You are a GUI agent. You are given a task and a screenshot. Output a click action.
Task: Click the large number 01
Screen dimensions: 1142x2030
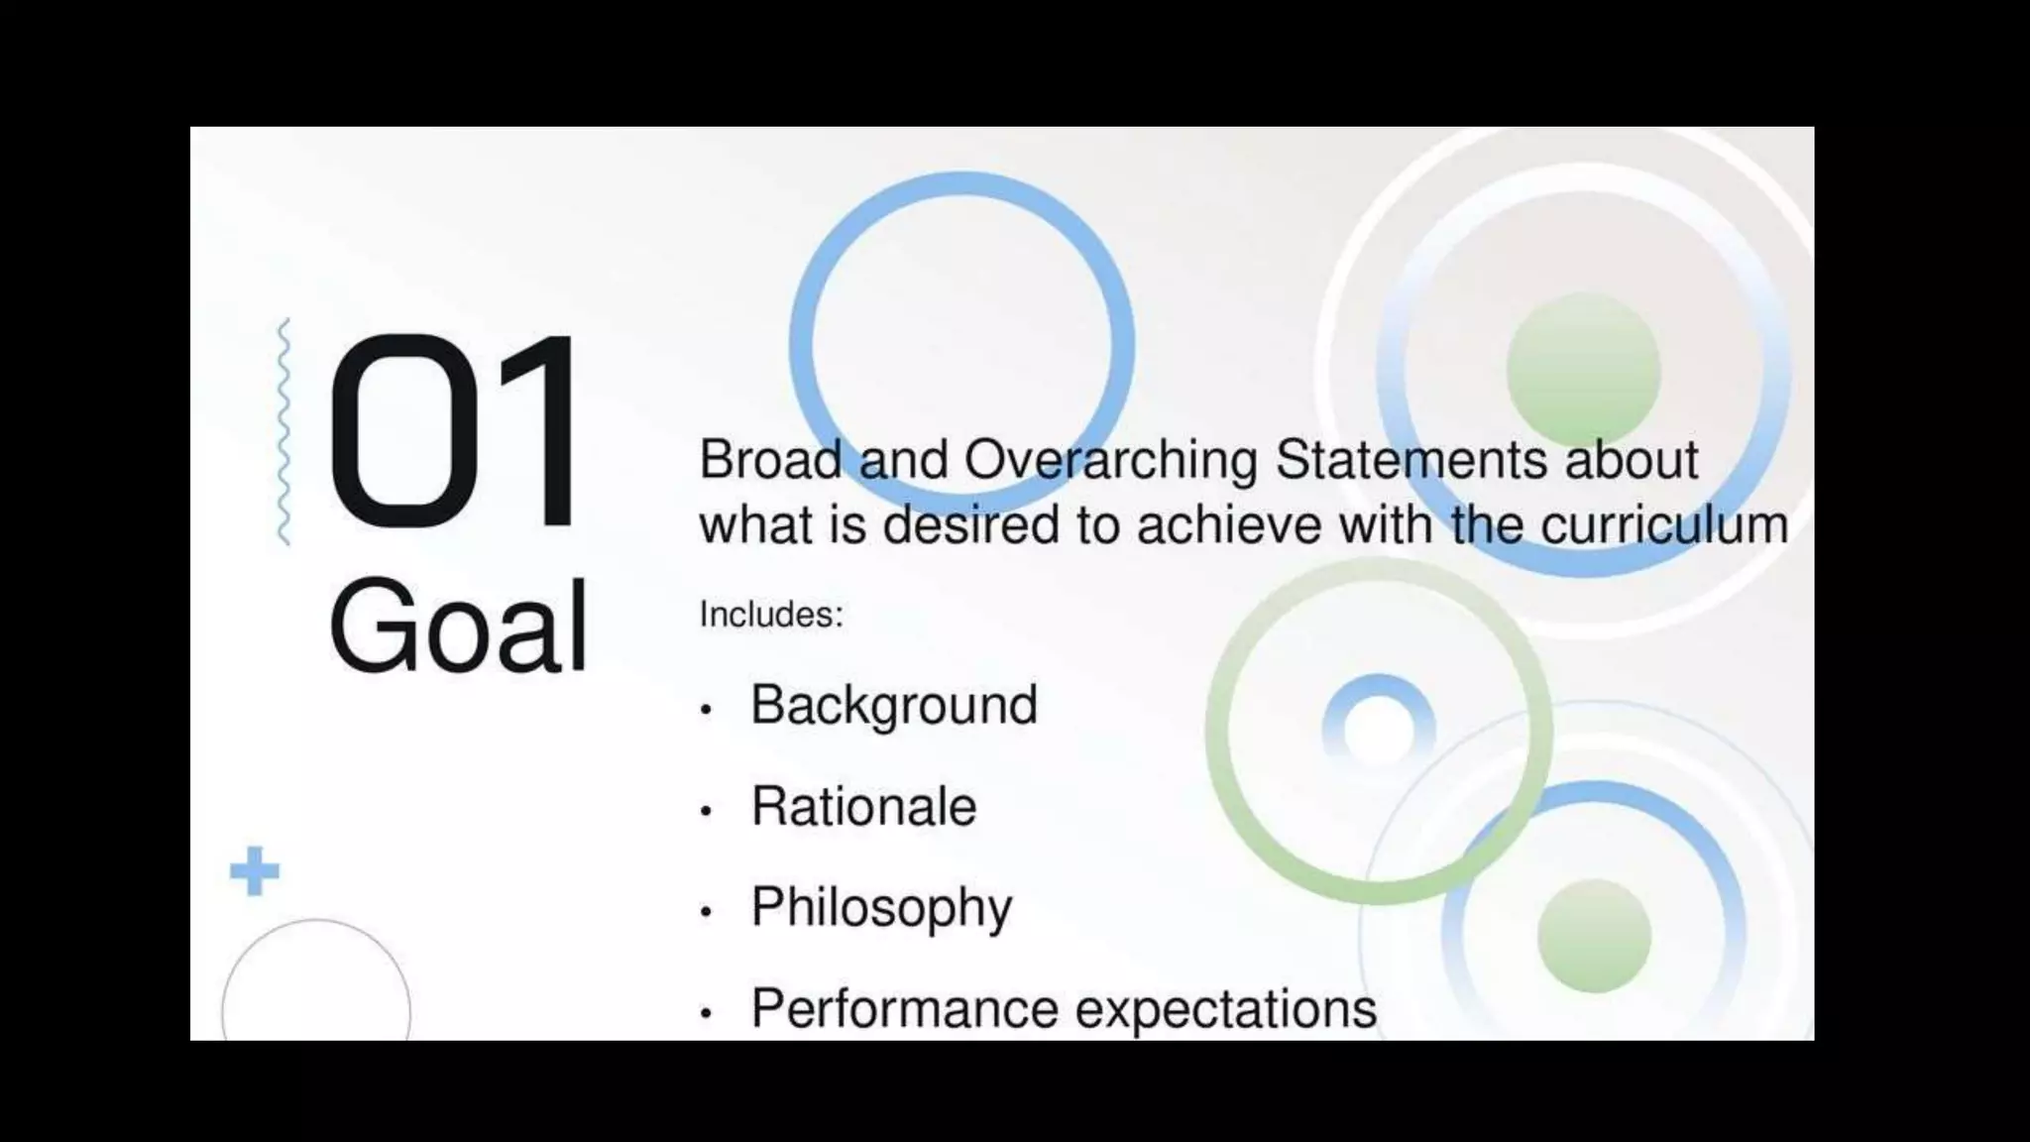pyautogui.click(x=454, y=432)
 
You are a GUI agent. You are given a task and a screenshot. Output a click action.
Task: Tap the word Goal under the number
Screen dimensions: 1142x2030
pyautogui.click(x=459, y=628)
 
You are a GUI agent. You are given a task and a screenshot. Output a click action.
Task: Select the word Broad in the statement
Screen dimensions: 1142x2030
pyautogui.click(x=769, y=460)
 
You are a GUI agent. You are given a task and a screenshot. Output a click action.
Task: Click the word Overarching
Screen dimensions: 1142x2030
pyautogui.click(x=1110, y=462)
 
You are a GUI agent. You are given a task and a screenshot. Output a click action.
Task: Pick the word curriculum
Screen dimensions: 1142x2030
pyautogui.click(x=1664, y=524)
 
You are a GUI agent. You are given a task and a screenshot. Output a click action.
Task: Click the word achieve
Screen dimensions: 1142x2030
pyautogui.click(x=1228, y=524)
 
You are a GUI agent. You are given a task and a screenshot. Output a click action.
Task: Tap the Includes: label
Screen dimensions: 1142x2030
pyautogui.click(x=771, y=615)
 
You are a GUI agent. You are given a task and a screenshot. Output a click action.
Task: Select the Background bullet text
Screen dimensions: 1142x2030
pyautogui.click(x=894, y=706)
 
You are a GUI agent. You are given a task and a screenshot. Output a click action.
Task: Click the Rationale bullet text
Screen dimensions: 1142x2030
pyautogui.click(x=863, y=806)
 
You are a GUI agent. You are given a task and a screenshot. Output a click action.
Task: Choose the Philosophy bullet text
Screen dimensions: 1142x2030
pyautogui.click(x=881, y=908)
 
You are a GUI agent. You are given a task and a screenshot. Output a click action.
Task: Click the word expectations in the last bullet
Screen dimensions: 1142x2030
pyautogui.click(x=1226, y=1010)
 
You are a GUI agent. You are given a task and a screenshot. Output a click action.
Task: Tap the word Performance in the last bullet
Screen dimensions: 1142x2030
pyautogui.click(x=904, y=1008)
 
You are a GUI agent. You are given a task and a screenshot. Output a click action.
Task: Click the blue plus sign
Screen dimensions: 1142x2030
pyautogui.click(x=255, y=871)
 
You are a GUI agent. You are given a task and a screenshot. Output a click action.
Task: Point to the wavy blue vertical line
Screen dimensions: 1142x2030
pyautogui.click(x=284, y=432)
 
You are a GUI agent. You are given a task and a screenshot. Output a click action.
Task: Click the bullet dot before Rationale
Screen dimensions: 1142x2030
pyautogui.click(x=706, y=812)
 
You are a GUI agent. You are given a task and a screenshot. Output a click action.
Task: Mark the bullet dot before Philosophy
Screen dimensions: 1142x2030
pyautogui.click(x=706, y=913)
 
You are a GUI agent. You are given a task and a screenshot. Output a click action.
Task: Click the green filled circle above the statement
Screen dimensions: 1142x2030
pyautogui.click(x=1583, y=369)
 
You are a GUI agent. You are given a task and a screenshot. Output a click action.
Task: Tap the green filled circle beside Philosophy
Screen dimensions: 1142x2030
pyautogui.click(x=1594, y=936)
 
